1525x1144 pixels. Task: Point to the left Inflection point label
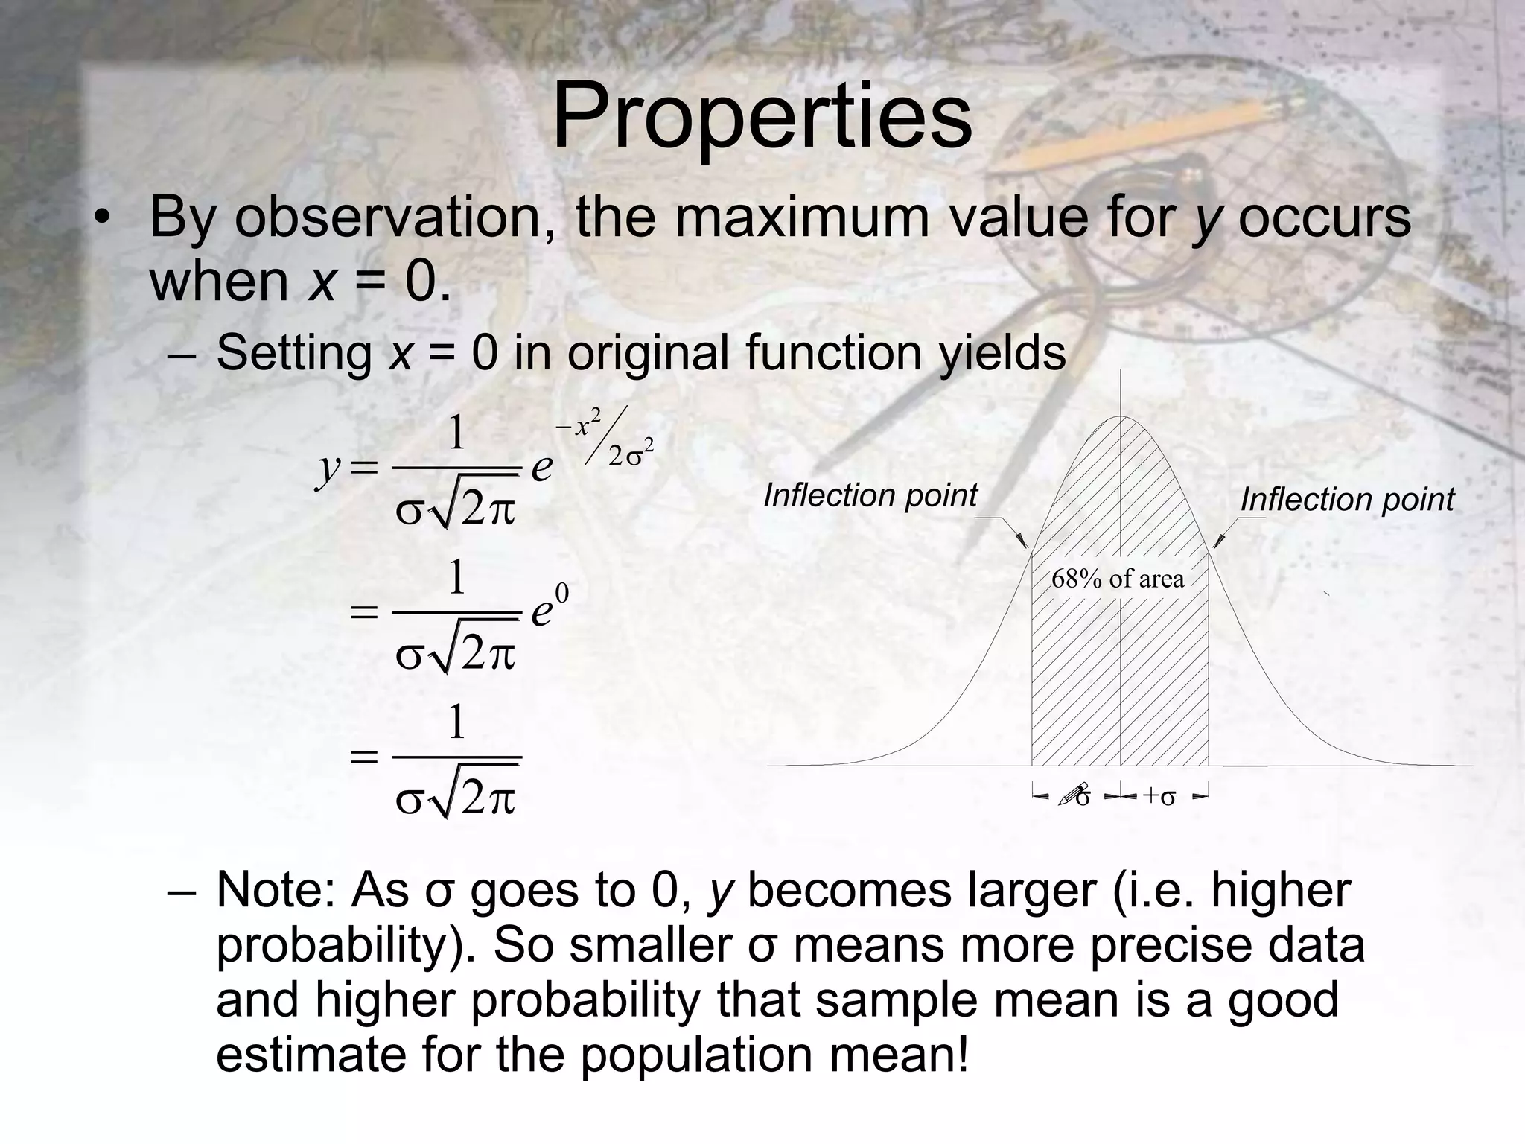pyautogui.click(x=870, y=495)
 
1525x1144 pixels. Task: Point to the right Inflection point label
pyautogui.click(x=1346, y=499)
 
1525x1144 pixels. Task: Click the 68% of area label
pyautogui.click(x=1117, y=579)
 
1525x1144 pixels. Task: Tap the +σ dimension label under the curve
pyautogui.click(x=1159, y=796)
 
